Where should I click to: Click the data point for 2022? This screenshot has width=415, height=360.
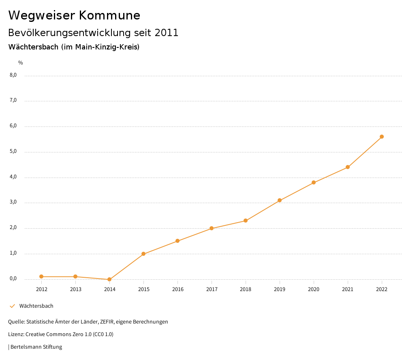click(x=382, y=137)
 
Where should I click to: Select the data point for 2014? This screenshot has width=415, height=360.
click(x=109, y=279)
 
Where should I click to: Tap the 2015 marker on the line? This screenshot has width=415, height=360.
click(x=143, y=254)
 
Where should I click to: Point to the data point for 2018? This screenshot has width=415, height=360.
click(x=246, y=221)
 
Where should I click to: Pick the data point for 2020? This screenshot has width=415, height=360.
click(x=314, y=182)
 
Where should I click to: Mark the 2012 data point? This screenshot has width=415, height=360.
click(x=41, y=276)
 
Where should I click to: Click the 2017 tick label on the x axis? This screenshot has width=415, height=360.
click(x=212, y=289)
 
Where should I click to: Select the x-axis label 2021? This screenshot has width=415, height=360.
click(x=348, y=289)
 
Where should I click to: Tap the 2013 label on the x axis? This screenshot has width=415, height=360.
click(x=75, y=289)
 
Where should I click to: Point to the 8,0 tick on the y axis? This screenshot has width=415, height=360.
click(x=13, y=75)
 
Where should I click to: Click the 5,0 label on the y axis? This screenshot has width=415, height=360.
click(x=13, y=151)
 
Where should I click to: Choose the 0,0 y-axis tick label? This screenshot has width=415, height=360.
click(x=13, y=279)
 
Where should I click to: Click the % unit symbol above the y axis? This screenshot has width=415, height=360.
click(x=21, y=63)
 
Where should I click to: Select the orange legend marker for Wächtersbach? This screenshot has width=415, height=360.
click(x=12, y=306)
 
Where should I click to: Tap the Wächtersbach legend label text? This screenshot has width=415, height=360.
click(x=36, y=306)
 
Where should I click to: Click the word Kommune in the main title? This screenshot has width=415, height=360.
click(x=109, y=15)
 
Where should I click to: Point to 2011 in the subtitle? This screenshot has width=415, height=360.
click(x=167, y=33)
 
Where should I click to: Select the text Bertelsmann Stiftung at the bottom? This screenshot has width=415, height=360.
click(x=36, y=347)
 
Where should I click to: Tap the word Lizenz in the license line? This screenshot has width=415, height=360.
click(x=16, y=334)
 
